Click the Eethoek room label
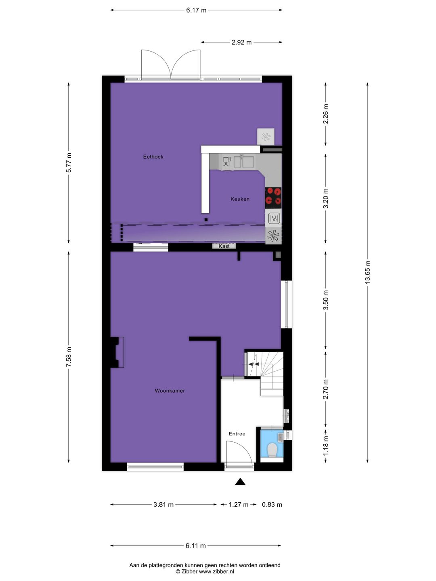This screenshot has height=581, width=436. coord(153,157)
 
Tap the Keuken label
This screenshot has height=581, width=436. coord(240,199)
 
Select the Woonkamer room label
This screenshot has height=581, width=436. coord(170,391)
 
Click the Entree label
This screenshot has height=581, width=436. coord(237,434)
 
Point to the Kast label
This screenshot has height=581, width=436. coord(224,246)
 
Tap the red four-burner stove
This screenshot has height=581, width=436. coord(273,196)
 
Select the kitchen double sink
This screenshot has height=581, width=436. coord(244,162)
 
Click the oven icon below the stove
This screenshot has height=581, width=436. coord(274,218)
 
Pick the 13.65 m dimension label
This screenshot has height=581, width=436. coord(367,272)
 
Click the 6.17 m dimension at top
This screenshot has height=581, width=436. coord(196,10)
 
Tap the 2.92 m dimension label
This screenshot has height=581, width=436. coord(241,42)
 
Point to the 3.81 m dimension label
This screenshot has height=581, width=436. coord(163,504)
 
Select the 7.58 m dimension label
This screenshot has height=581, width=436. coord(69,357)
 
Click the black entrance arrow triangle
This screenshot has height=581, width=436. coord(240,481)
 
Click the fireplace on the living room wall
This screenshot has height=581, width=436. coord(118,352)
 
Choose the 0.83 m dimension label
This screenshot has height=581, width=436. coord(272,504)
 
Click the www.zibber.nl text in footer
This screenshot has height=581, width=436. coord(216,571)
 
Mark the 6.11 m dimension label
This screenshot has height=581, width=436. coord(196,545)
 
